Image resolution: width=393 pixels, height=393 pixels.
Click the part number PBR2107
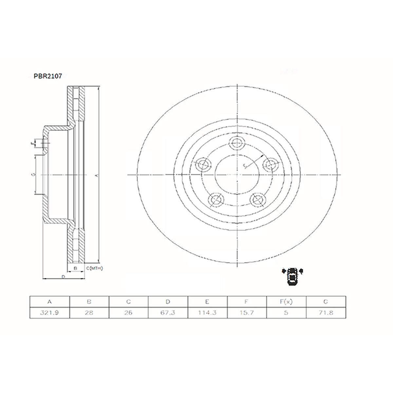click(x=48, y=76)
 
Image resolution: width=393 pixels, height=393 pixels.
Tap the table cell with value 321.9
click(x=49, y=313)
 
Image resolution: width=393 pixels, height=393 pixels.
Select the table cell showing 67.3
click(x=168, y=313)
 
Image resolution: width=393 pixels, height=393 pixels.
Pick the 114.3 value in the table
click(x=207, y=313)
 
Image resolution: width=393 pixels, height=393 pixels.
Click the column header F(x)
click(x=286, y=302)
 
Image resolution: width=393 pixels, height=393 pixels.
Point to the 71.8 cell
click(x=326, y=313)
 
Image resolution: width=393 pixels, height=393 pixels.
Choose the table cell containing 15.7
click(x=247, y=313)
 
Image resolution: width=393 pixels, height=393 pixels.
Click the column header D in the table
click(x=168, y=302)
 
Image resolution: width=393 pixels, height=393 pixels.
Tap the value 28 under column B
click(x=89, y=313)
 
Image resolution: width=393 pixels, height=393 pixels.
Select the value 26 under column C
click(x=128, y=313)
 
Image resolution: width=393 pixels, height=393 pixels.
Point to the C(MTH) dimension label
click(x=95, y=268)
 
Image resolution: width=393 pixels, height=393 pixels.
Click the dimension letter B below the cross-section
click(x=76, y=268)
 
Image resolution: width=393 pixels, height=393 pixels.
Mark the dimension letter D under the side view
click(x=64, y=277)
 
